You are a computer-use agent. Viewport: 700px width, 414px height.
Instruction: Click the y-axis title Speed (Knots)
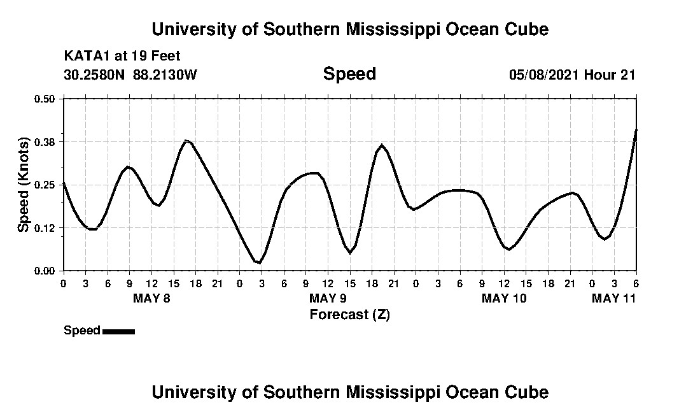click(24, 185)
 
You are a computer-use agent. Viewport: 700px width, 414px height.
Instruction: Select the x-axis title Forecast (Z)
click(349, 315)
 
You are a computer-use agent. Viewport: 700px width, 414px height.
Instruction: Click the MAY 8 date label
click(151, 298)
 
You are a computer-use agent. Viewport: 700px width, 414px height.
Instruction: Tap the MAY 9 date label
click(328, 298)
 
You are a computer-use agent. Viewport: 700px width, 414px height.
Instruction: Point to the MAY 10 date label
click(504, 298)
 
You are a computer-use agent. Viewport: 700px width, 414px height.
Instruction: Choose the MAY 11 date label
click(613, 298)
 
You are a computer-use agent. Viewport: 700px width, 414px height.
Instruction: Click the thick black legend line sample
click(118, 331)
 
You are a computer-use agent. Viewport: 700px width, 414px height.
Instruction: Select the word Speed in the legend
click(82, 331)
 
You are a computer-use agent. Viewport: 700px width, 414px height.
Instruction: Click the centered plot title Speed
click(349, 74)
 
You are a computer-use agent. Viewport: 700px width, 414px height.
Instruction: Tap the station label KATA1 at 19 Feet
click(122, 56)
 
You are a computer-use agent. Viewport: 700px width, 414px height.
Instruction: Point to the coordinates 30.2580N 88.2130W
click(130, 75)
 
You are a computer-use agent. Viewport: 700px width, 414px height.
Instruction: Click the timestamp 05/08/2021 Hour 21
click(572, 75)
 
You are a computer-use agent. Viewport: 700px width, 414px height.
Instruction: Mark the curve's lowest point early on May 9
click(259, 262)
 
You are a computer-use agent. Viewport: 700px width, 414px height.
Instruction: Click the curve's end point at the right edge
click(636, 130)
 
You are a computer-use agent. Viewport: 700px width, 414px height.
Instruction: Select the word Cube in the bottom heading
click(528, 392)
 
